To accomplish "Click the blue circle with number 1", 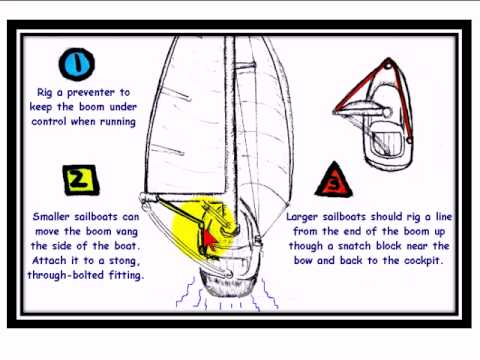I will [x=76, y=67].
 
